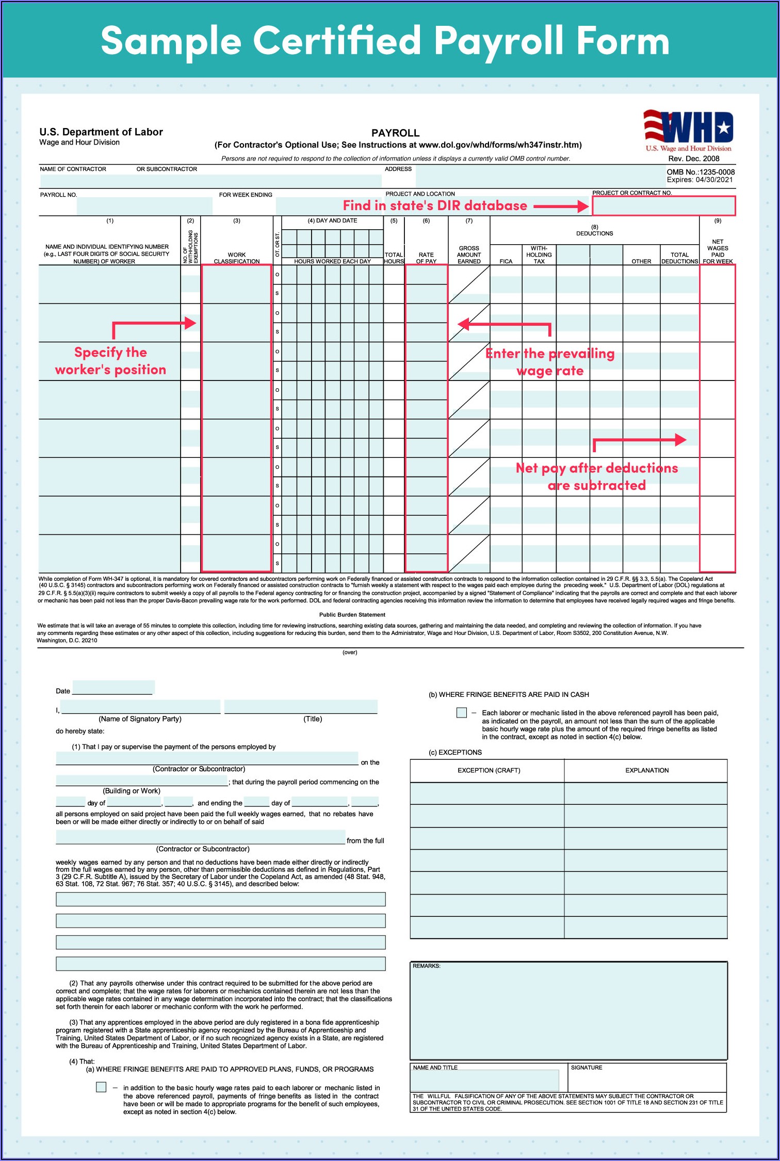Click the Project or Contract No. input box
(663, 206)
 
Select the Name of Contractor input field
(210, 181)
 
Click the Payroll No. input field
(144, 206)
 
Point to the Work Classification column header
(237, 258)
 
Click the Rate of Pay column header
(426, 258)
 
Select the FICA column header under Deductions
(506, 261)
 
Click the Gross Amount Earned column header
(469, 255)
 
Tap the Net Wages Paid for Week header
(717, 251)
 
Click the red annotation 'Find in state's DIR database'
(435, 206)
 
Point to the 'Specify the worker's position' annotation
(110, 361)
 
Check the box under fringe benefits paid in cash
(462, 712)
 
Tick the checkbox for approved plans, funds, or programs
(101, 1087)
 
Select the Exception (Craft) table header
(489, 770)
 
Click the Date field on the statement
(112, 688)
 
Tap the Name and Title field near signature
(485, 1079)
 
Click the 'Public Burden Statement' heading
(352, 615)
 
